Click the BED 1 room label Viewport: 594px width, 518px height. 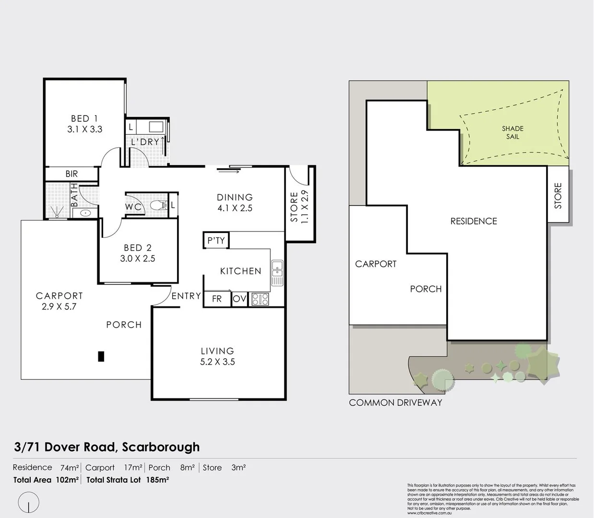[x=84, y=118]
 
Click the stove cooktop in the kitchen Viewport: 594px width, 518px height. [x=260, y=299]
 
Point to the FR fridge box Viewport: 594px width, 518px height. [x=217, y=299]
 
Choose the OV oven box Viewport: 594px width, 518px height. [x=239, y=299]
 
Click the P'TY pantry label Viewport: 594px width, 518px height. [x=216, y=240]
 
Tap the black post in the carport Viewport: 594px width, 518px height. [x=101, y=356]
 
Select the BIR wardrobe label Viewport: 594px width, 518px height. [x=71, y=174]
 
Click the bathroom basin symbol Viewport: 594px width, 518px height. [x=86, y=212]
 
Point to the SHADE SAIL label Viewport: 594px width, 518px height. [x=512, y=132]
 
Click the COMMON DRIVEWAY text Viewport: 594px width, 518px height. [x=395, y=403]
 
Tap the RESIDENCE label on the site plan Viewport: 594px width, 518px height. [x=473, y=221]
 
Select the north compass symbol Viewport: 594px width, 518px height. [x=29, y=502]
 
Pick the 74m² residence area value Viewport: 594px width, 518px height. [x=70, y=468]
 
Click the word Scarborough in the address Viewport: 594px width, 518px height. [x=161, y=447]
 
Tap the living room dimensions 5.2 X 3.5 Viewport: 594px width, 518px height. [x=217, y=362]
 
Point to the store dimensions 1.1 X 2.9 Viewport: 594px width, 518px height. [x=305, y=206]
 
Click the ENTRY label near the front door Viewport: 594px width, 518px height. [x=186, y=296]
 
